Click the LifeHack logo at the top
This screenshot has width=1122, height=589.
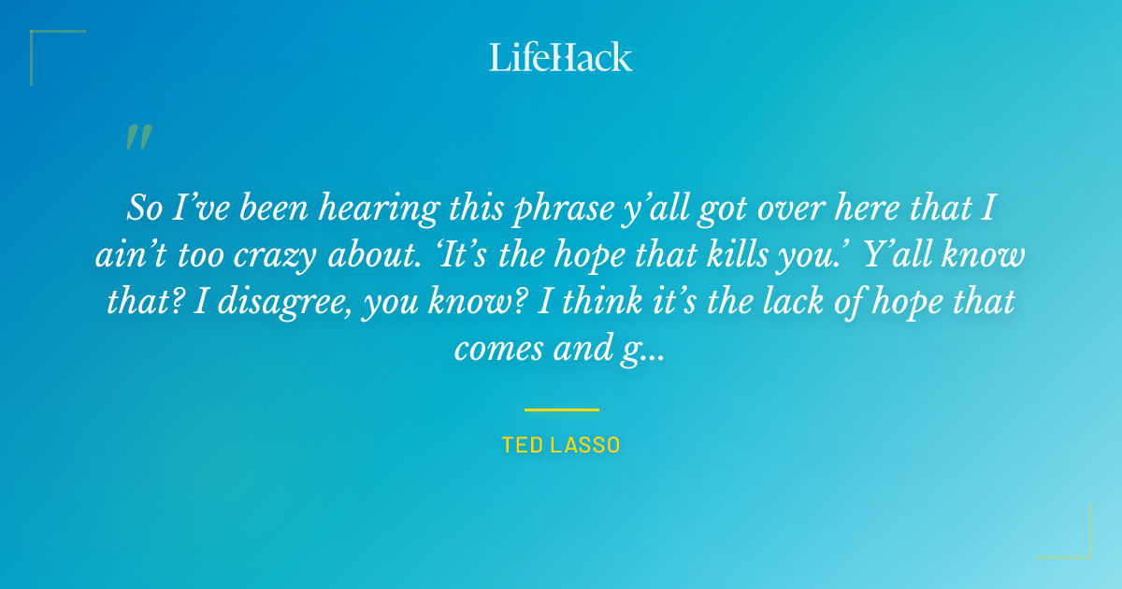(x=561, y=57)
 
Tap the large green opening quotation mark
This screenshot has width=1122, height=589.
(x=138, y=137)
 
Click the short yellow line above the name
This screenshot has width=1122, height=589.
(x=561, y=409)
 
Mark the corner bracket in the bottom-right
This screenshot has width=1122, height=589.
(x=1075, y=542)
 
